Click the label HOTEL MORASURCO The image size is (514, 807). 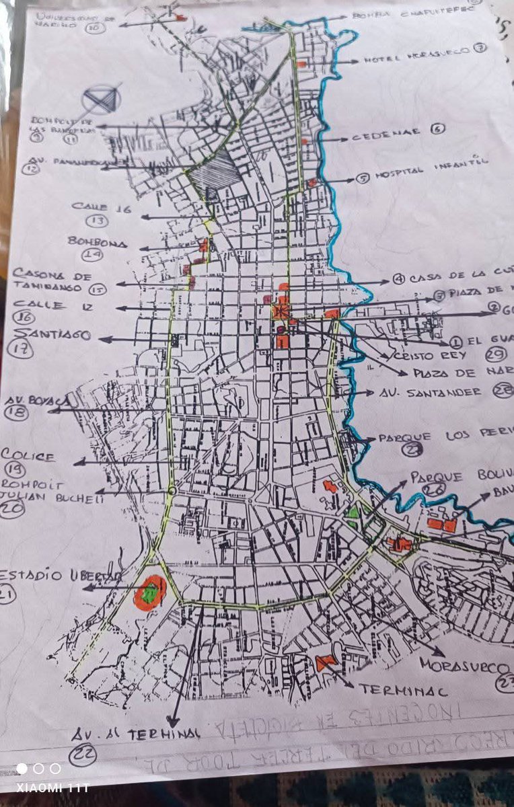(417, 59)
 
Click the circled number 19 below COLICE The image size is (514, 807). (13, 470)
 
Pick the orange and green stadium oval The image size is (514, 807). (149, 592)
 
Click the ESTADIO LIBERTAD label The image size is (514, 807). (61, 576)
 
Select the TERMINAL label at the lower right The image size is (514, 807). (395, 690)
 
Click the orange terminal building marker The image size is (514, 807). (326, 662)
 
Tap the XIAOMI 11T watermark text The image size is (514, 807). (51, 787)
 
